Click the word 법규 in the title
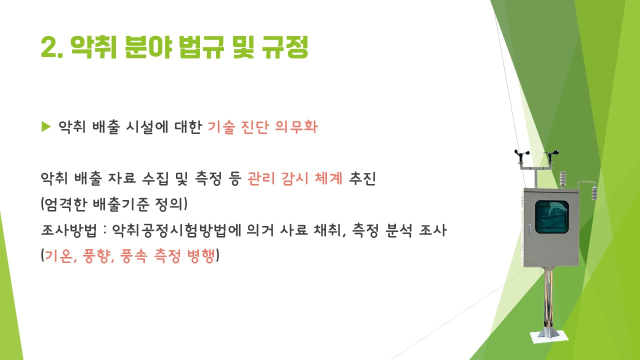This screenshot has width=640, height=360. coord(201,47)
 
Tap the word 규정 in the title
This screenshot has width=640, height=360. coord(285,47)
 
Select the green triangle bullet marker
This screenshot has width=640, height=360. coord(45,126)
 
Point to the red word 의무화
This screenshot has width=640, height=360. coord(296,127)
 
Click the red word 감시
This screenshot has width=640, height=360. coord(295,178)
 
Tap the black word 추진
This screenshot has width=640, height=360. coord(362,178)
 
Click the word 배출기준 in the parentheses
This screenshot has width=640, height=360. coord(121,204)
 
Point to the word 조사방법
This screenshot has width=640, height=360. coord(69,230)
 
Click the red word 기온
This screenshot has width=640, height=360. coord(58,255)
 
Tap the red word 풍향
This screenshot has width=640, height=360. coord(96,255)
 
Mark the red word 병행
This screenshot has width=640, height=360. coord(200,255)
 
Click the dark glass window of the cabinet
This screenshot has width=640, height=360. coord(551,216)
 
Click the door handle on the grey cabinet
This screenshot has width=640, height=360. coord(530,229)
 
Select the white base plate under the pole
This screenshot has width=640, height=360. coord(549,336)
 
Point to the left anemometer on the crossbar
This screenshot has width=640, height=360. coord(521,155)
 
